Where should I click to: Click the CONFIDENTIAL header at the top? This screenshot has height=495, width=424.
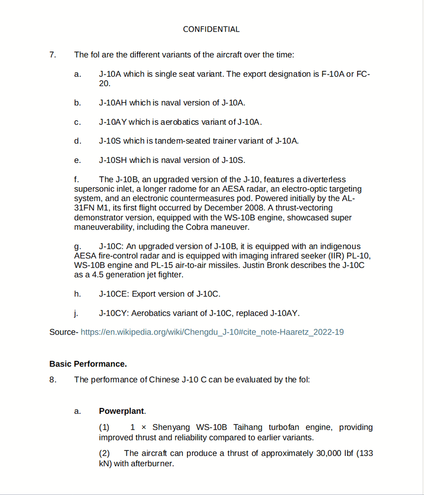coord(211,29)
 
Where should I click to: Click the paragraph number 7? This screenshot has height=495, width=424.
coord(53,54)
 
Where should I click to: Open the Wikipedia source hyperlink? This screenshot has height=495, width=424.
coord(212,332)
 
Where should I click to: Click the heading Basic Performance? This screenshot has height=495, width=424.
coord(88,364)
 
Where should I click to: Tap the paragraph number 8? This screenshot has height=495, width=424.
coord(53,380)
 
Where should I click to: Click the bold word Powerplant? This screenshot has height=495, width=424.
coord(121,411)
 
